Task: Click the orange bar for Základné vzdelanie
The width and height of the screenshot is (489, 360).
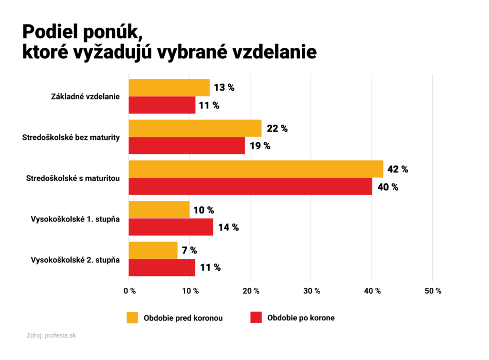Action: (x=169, y=88)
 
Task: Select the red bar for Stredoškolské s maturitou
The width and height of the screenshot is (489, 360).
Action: (x=250, y=186)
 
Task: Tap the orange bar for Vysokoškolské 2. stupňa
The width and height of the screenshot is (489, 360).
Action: (x=153, y=251)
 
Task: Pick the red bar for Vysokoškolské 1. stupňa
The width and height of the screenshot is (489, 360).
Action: (x=170, y=227)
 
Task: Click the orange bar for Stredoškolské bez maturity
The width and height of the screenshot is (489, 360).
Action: (x=195, y=128)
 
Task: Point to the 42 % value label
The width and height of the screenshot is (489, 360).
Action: (x=398, y=169)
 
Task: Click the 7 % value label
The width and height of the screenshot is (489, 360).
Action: (x=190, y=251)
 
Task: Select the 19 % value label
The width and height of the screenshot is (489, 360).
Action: (x=260, y=146)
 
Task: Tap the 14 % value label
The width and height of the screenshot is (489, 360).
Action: (x=229, y=227)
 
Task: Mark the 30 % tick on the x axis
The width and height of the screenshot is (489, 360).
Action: (x=311, y=291)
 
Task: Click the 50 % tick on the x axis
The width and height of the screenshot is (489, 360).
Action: (x=433, y=291)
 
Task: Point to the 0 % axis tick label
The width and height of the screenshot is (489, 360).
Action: (x=129, y=291)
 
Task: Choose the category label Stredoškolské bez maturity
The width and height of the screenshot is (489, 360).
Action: (x=71, y=138)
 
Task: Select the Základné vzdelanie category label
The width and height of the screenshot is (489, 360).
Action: (x=85, y=97)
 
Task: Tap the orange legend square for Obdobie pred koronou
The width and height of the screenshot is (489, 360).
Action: (x=132, y=318)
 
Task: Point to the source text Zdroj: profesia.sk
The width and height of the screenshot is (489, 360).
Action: (x=51, y=336)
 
